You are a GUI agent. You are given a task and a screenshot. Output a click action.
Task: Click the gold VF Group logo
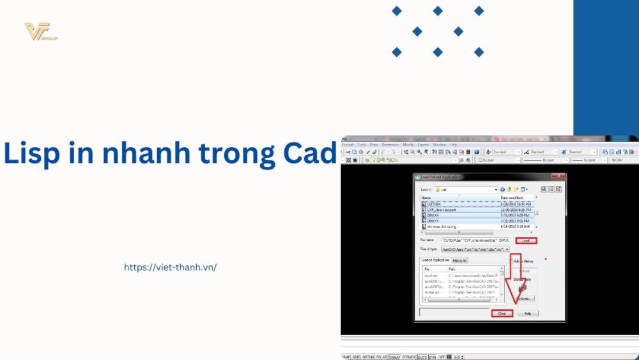point(40,31)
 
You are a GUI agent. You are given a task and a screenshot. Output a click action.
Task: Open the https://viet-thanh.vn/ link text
point(170,267)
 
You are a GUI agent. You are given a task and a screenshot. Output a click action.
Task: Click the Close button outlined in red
point(502,313)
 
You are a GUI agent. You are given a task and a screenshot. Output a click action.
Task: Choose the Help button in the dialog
point(528,313)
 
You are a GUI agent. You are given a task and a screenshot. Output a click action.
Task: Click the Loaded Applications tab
point(435,260)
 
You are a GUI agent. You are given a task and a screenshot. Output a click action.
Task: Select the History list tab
point(460,260)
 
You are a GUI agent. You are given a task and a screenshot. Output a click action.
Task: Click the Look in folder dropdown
point(466,189)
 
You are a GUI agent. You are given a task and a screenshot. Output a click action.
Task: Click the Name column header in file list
point(426,198)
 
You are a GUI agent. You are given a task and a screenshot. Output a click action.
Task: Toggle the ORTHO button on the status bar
point(368,357)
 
